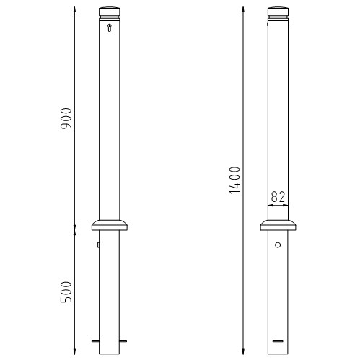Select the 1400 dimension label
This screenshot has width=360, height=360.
234,180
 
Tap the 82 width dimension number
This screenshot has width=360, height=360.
278,197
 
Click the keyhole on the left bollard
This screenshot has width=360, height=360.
110,27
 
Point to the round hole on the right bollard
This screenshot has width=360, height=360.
278,245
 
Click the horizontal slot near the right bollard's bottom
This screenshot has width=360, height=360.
278,341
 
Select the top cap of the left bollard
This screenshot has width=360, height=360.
110,13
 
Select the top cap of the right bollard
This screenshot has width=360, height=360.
278,13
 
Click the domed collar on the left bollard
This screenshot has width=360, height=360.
110,225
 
